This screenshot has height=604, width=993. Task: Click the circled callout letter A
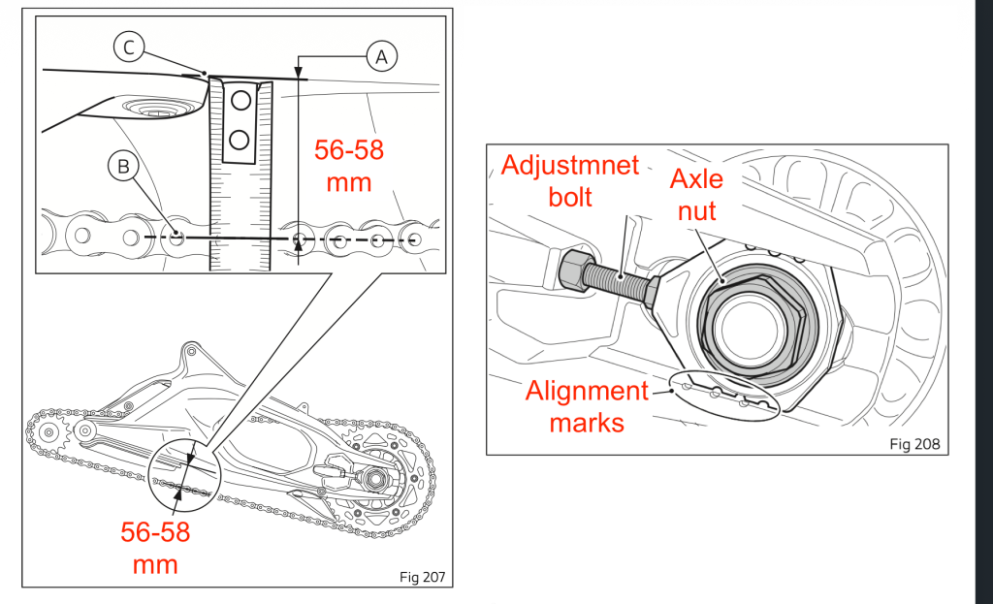381,57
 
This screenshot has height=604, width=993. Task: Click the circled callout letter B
123,167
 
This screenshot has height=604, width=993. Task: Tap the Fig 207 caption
422,577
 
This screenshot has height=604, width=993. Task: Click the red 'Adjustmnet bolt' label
570,179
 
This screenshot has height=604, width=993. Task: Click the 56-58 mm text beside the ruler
349,165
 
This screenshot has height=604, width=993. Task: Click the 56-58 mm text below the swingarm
155,547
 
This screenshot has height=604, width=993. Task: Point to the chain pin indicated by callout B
176,236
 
